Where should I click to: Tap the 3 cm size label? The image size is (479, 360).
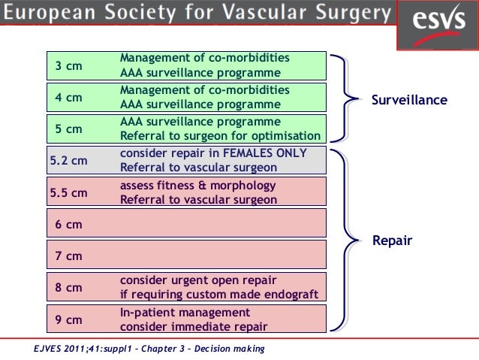click(69, 66)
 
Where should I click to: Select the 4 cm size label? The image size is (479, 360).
click(69, 98)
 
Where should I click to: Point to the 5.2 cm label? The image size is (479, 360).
click(68, 161)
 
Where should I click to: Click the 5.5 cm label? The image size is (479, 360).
click(68, 193)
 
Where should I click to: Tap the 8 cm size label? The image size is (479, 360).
click(69, 288)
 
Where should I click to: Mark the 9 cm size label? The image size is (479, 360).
click(69, 319)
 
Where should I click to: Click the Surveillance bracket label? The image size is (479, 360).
click(409, 100)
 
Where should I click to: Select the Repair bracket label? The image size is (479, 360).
click(393, 241)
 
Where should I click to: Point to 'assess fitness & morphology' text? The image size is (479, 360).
click(197, 186)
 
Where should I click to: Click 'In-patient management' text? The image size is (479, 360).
click(185, 312)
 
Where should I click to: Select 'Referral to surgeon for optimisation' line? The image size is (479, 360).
click(221, 136)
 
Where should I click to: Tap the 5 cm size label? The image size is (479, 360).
click(69, 129)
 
